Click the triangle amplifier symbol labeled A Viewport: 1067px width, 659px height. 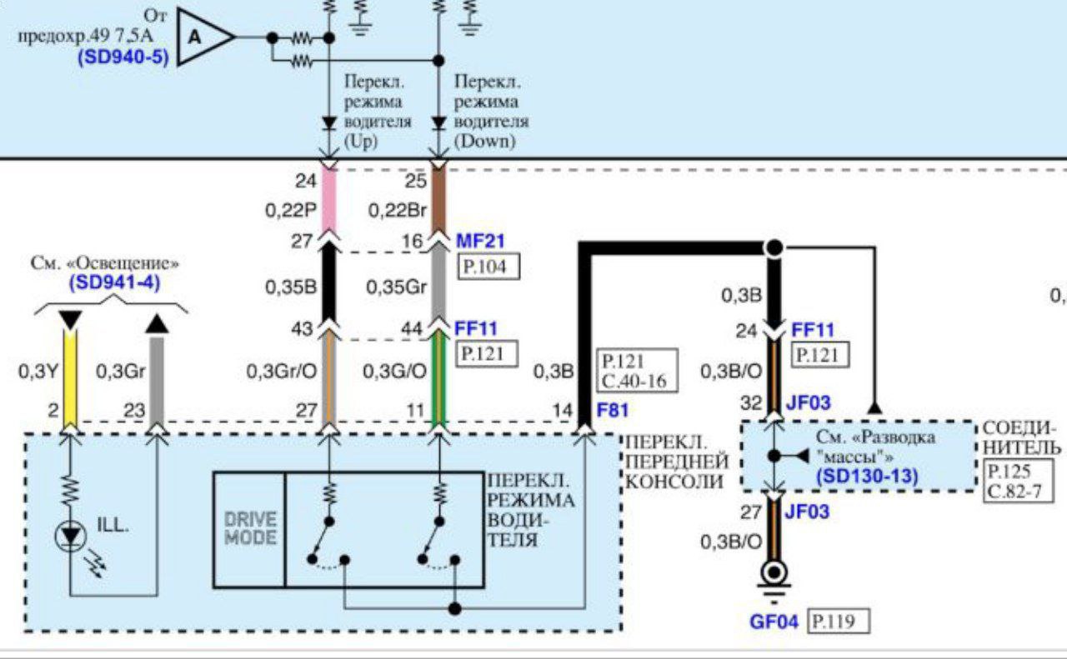[x=201, y=37]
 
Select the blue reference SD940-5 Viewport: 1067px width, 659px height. [x=123, y=58]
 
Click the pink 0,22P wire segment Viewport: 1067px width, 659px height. [x=328, y=200]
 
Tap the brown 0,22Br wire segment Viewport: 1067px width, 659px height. [x=438, y=200]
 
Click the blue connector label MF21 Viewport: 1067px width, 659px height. [x=481, y=242]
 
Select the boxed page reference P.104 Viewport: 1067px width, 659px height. [x=489, y=267]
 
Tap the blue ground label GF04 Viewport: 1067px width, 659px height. [x=774, y=622]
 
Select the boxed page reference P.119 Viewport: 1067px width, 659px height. [x=837, y=622]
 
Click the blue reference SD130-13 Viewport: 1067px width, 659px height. [x=868, y=476]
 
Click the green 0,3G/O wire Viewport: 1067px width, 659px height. [x=438, y=375]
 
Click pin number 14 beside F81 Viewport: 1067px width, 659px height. [x=563, y=410]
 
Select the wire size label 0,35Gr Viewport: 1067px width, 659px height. [x=394, y=287]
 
